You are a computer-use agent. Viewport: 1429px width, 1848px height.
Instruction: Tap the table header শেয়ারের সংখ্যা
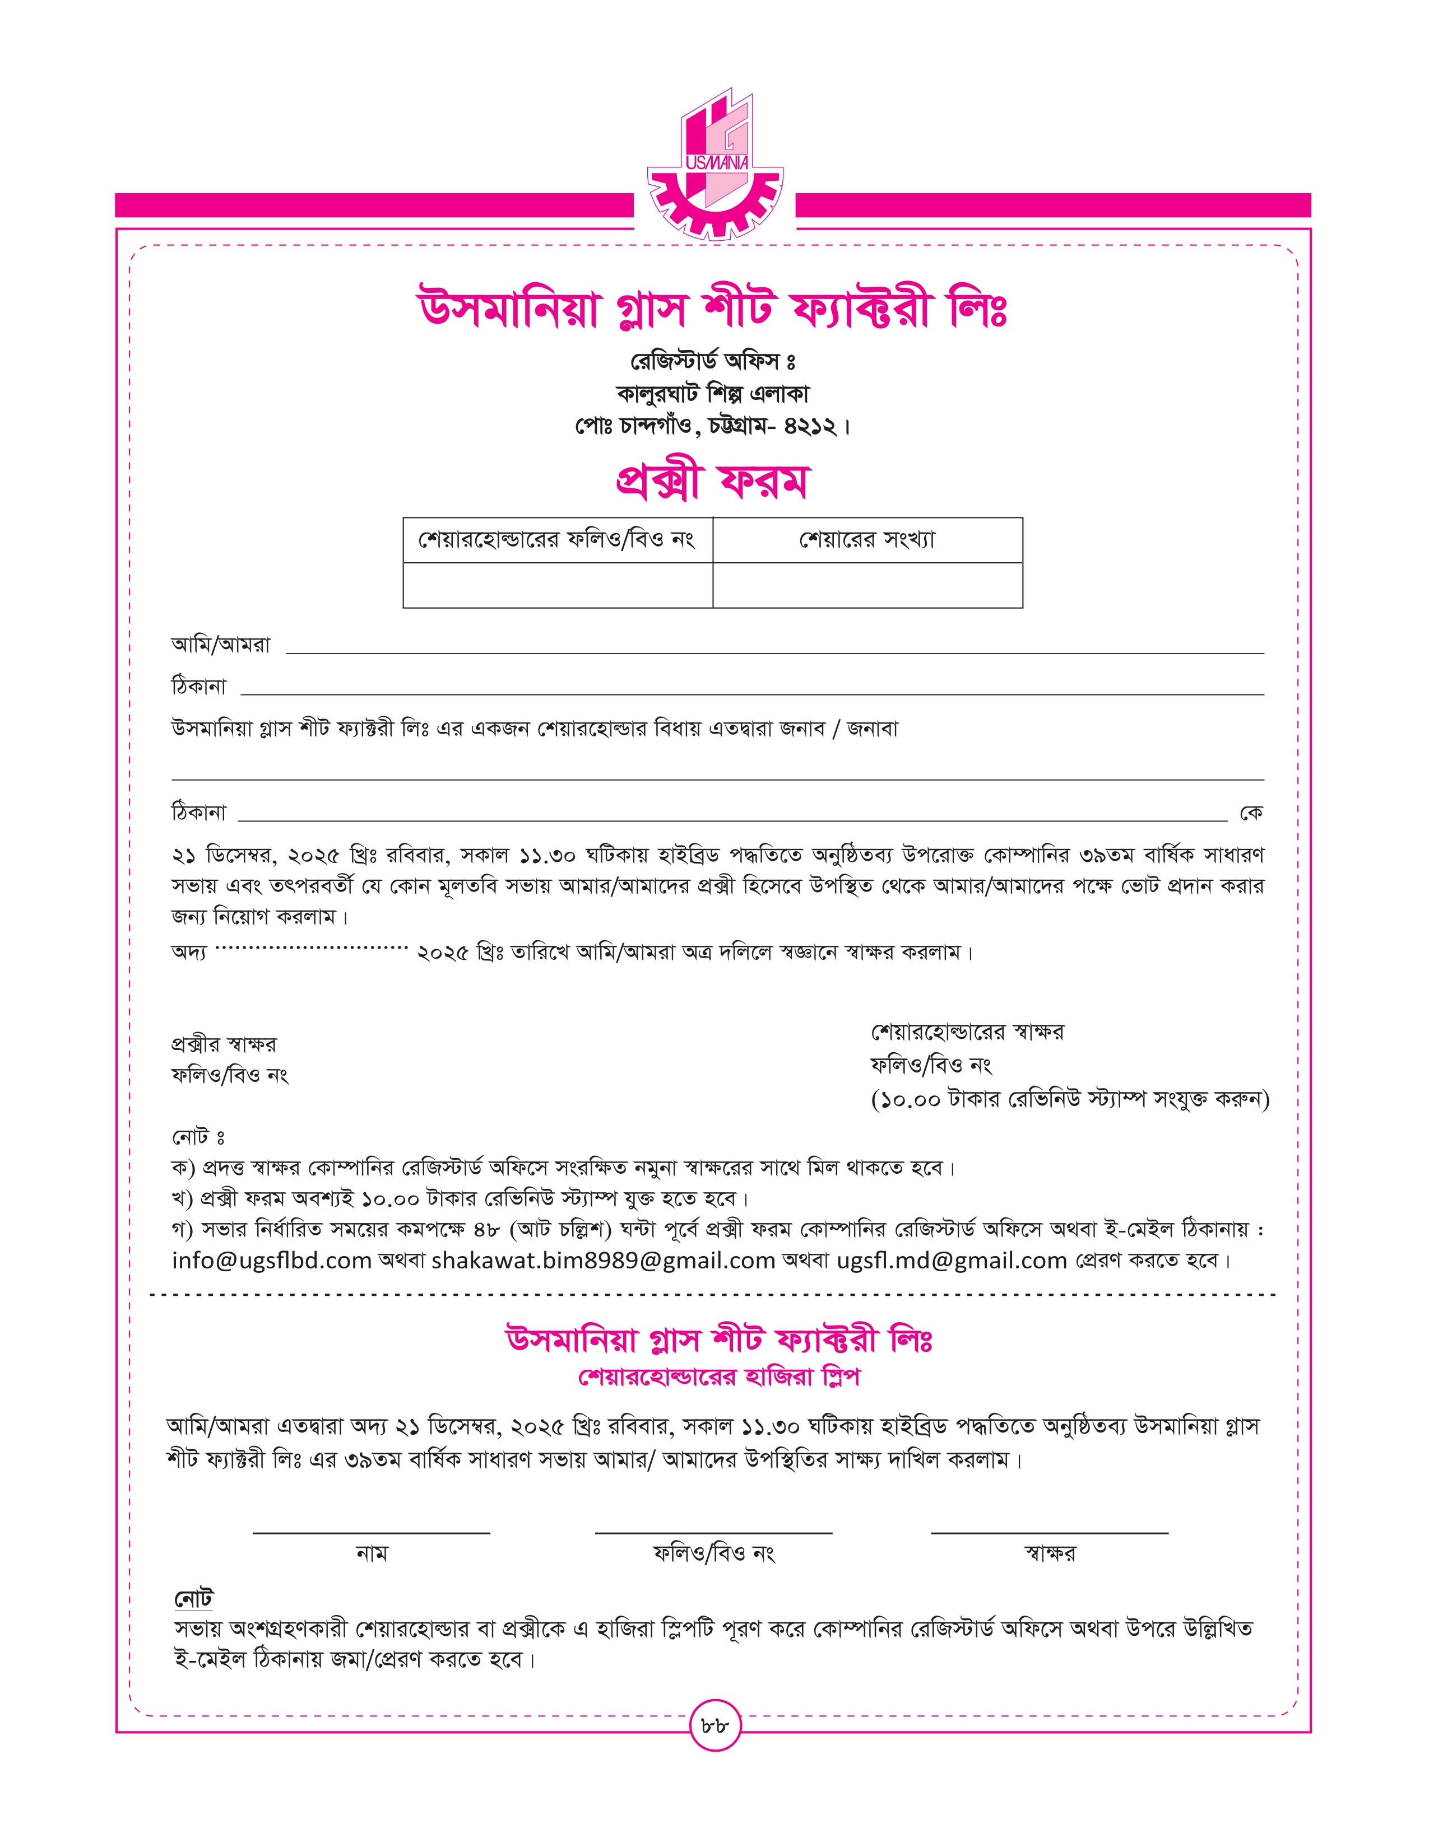pyautogui.click(x=867, y=540)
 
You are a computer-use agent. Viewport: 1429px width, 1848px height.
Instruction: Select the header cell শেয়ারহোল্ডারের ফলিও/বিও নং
pyautogui.click(x=557, y=540)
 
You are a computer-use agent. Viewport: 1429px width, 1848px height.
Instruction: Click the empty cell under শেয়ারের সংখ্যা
pyautogui.click(x=867, y=585)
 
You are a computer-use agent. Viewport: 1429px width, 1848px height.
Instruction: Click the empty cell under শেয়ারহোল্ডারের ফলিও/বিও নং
pyautogui.click(x=557, y=585)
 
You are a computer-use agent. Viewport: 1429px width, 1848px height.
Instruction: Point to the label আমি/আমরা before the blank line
pyautogui.click(x=221, y=645)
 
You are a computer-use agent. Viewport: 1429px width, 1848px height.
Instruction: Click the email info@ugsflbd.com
pyautogui.click(x=272, y=1261)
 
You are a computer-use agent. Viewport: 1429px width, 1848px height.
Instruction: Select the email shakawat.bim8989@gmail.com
pyautogui.click(x=603, y=1261)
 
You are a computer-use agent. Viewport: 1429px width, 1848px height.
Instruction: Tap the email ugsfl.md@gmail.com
pyautogui.click(x=952, y=1261)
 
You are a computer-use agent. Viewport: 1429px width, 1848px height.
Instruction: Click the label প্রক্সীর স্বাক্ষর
pyautogui.click(x=224, y=1044)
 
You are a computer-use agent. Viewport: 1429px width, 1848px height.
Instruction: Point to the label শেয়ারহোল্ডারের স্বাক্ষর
pyautogui.click(x=967, y=1032)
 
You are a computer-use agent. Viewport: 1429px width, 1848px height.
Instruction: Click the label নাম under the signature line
pyautogui.click(x=372, y=1553)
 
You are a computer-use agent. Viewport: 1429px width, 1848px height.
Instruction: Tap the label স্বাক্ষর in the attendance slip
pyautogui.click(x=1049, y=1553)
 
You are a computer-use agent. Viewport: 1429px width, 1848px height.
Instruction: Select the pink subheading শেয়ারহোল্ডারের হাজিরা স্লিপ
pyautogui.click(x=719, y=1378)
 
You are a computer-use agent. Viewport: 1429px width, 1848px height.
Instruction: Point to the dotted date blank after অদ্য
pyautogui.click(x=312, y=949)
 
